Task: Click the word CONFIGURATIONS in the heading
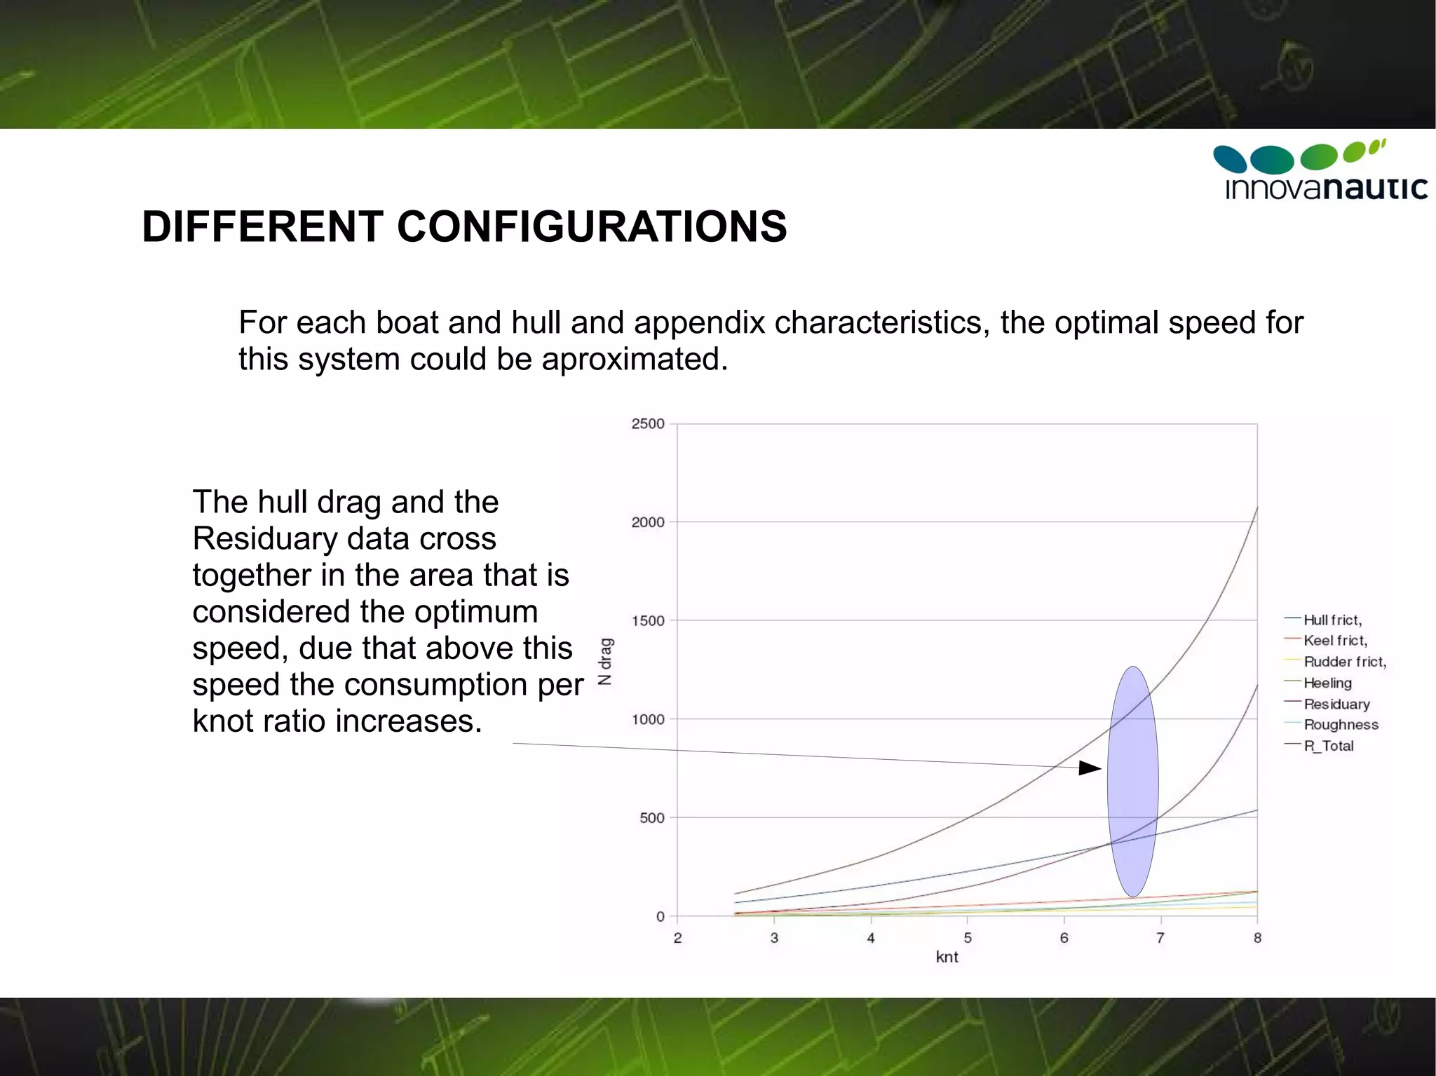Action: (x=592, y=227)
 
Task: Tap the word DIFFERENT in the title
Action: (x=262, y=227)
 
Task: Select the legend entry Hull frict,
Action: (x=1332, y=620)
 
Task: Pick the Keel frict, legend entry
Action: (x=1334, y=640)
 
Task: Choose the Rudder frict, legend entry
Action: (x=1344, y=662)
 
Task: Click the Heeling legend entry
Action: (x=1327, y=683)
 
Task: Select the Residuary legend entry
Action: (x=1336, y=704)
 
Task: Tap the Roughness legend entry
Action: (x=1340, y=725)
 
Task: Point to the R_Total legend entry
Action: (x=1328, y=746)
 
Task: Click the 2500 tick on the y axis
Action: (x=647, y=423)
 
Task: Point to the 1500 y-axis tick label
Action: (x=647, y=620)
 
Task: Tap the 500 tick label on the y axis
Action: (x=651, y=818)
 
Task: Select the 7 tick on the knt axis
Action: (x=1160, y=938)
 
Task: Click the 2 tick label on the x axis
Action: (x=677, y=938)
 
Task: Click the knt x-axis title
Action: (x=947, y=957)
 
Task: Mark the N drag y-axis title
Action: (x=605, y=661)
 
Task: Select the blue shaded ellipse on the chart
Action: (x=1132, y=782)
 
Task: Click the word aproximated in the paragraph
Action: (x=634, y=359)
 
